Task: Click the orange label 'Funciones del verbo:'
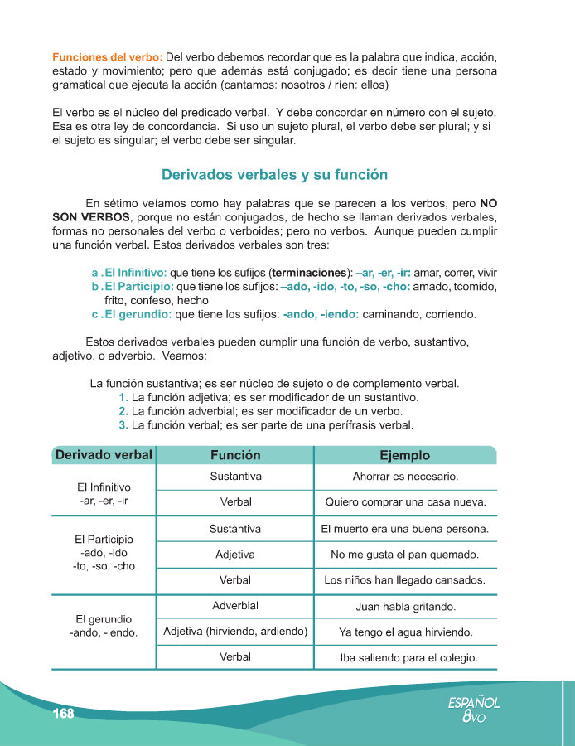pos(107,57)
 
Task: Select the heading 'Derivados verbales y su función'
pos(275,175)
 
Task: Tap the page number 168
pos(63,714)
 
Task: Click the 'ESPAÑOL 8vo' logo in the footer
pos(474,710)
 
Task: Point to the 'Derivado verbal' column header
pos(104,455)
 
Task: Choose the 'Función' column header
pos(235,455)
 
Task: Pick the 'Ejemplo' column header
pos(404,455)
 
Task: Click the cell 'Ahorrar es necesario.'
pos(405,477)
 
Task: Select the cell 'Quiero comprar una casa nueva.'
pos(405,501)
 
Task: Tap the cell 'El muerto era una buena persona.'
pos(405,528)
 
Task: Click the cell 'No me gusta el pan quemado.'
pos(405,555)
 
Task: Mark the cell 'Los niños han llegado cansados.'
pos(405,580)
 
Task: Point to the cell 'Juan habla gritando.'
pos(405,607)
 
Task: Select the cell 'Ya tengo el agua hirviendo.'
pos(405,632)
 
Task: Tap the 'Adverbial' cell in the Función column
pos(235,606)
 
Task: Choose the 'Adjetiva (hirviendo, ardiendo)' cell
pos(235,632)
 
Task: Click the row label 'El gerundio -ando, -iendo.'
pos(104,626)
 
